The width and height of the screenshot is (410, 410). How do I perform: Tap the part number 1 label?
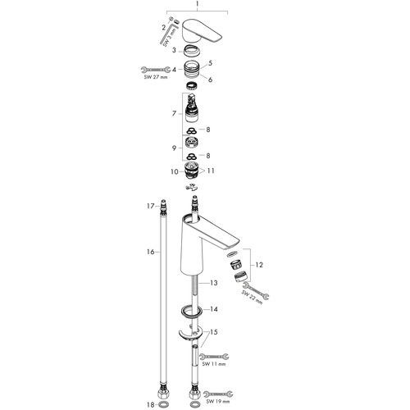198,4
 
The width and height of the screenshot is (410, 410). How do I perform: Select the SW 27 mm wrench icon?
156,70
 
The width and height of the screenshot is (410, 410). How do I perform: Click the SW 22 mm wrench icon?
256,291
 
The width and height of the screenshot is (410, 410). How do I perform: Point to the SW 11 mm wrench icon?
214,357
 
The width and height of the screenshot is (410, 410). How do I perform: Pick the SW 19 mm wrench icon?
218,394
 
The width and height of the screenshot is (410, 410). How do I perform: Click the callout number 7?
174,113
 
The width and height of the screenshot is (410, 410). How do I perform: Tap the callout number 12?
259,265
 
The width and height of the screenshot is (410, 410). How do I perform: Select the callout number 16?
151,252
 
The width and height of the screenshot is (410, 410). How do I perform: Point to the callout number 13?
214,283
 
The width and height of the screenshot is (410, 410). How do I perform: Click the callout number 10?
174,171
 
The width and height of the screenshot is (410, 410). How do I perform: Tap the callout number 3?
174,50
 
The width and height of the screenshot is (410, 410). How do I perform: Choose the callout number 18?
151,405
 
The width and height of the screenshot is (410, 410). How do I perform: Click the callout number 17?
151,206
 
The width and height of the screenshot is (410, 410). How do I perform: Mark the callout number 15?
214,332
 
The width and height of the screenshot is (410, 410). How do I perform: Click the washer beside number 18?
164,404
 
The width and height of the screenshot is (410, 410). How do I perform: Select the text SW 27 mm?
156,77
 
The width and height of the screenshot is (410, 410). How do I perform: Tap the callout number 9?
174,148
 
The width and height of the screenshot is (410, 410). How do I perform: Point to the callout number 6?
210,80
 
